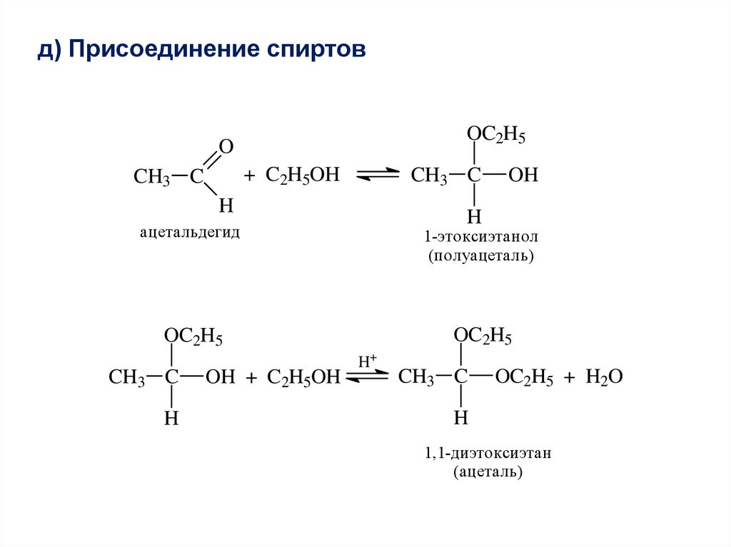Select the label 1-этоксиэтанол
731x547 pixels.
480,236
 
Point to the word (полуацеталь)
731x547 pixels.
480,255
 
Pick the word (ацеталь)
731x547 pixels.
488,471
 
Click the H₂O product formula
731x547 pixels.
604,377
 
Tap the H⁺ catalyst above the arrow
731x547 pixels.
367,362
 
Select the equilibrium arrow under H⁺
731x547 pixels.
367,377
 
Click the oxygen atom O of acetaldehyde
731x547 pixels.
226,147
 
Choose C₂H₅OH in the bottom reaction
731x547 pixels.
303,378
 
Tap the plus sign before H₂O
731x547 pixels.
569,378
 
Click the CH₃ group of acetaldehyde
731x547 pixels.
151,177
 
